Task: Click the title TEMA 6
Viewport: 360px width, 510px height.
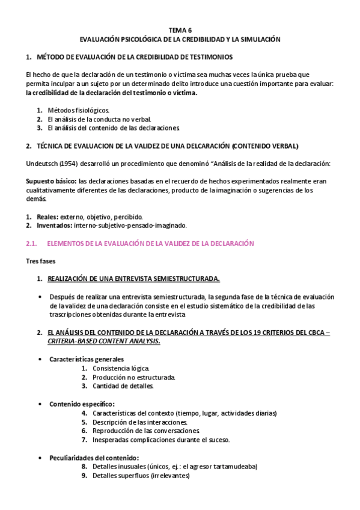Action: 180,29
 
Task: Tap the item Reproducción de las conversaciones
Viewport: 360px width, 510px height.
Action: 145,431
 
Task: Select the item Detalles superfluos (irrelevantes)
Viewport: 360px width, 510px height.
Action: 141,475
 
